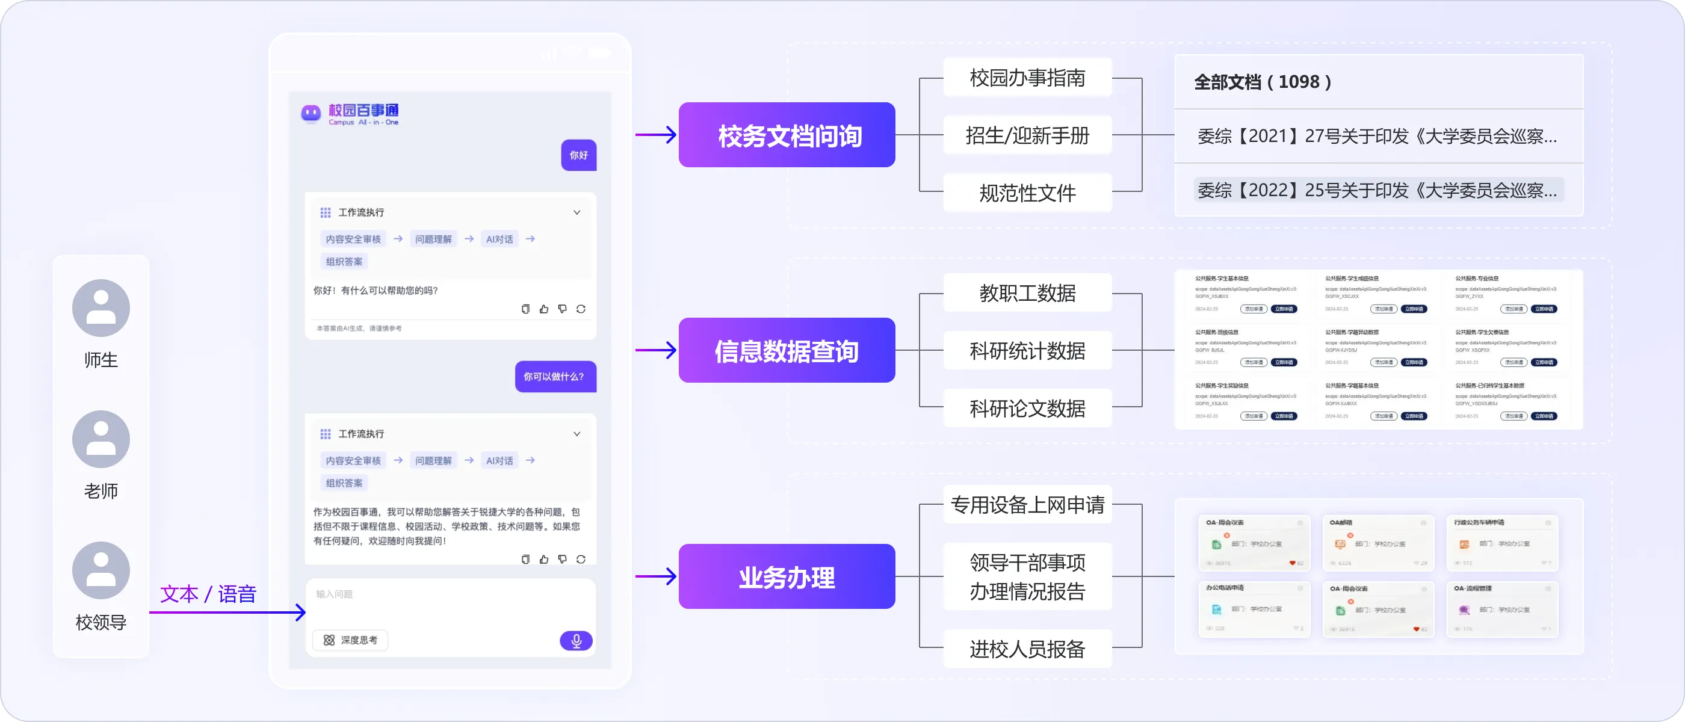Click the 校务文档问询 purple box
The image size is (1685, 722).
click(787, 135)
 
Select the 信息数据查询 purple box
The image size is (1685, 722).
click(787, 351)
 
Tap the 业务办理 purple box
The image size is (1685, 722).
click(787, 577)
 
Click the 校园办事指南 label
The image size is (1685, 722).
click(1027, 78)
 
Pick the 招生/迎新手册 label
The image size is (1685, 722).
click(1027, 135)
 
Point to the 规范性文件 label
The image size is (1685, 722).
click(1027, 193)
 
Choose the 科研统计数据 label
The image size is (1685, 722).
click(1027, 351)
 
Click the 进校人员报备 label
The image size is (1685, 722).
click(1027, 649)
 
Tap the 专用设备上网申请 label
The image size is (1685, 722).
click(1027, 504)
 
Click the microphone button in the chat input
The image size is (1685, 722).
click(576, 640)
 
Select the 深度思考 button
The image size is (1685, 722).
click(351, 640)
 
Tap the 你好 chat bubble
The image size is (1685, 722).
click(578, 155)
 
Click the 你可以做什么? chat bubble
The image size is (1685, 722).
click(555, 377)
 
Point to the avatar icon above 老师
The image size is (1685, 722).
click(100, 439)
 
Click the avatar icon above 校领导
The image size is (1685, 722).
click(100, 570)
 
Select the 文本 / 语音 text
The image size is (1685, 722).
click(208, 594)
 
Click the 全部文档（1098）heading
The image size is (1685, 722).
click(1263, 82)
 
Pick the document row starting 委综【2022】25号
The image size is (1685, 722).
click(1377, 190)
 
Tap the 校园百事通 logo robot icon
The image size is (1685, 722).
click(311, 113)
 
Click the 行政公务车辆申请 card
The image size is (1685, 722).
click(1502, 542)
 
